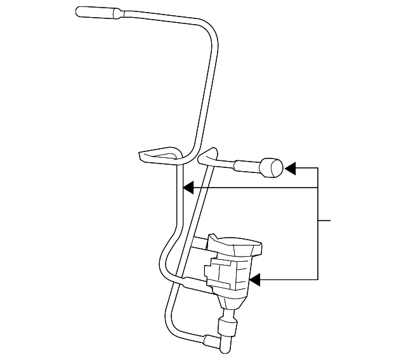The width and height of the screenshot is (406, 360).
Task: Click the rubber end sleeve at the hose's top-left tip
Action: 96,11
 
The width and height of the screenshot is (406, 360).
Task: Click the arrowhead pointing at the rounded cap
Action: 290,168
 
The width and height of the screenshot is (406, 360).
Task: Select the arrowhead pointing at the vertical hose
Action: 188,188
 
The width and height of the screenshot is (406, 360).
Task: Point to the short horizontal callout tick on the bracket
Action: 324,221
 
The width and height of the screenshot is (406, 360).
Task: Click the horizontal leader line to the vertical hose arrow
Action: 254,188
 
